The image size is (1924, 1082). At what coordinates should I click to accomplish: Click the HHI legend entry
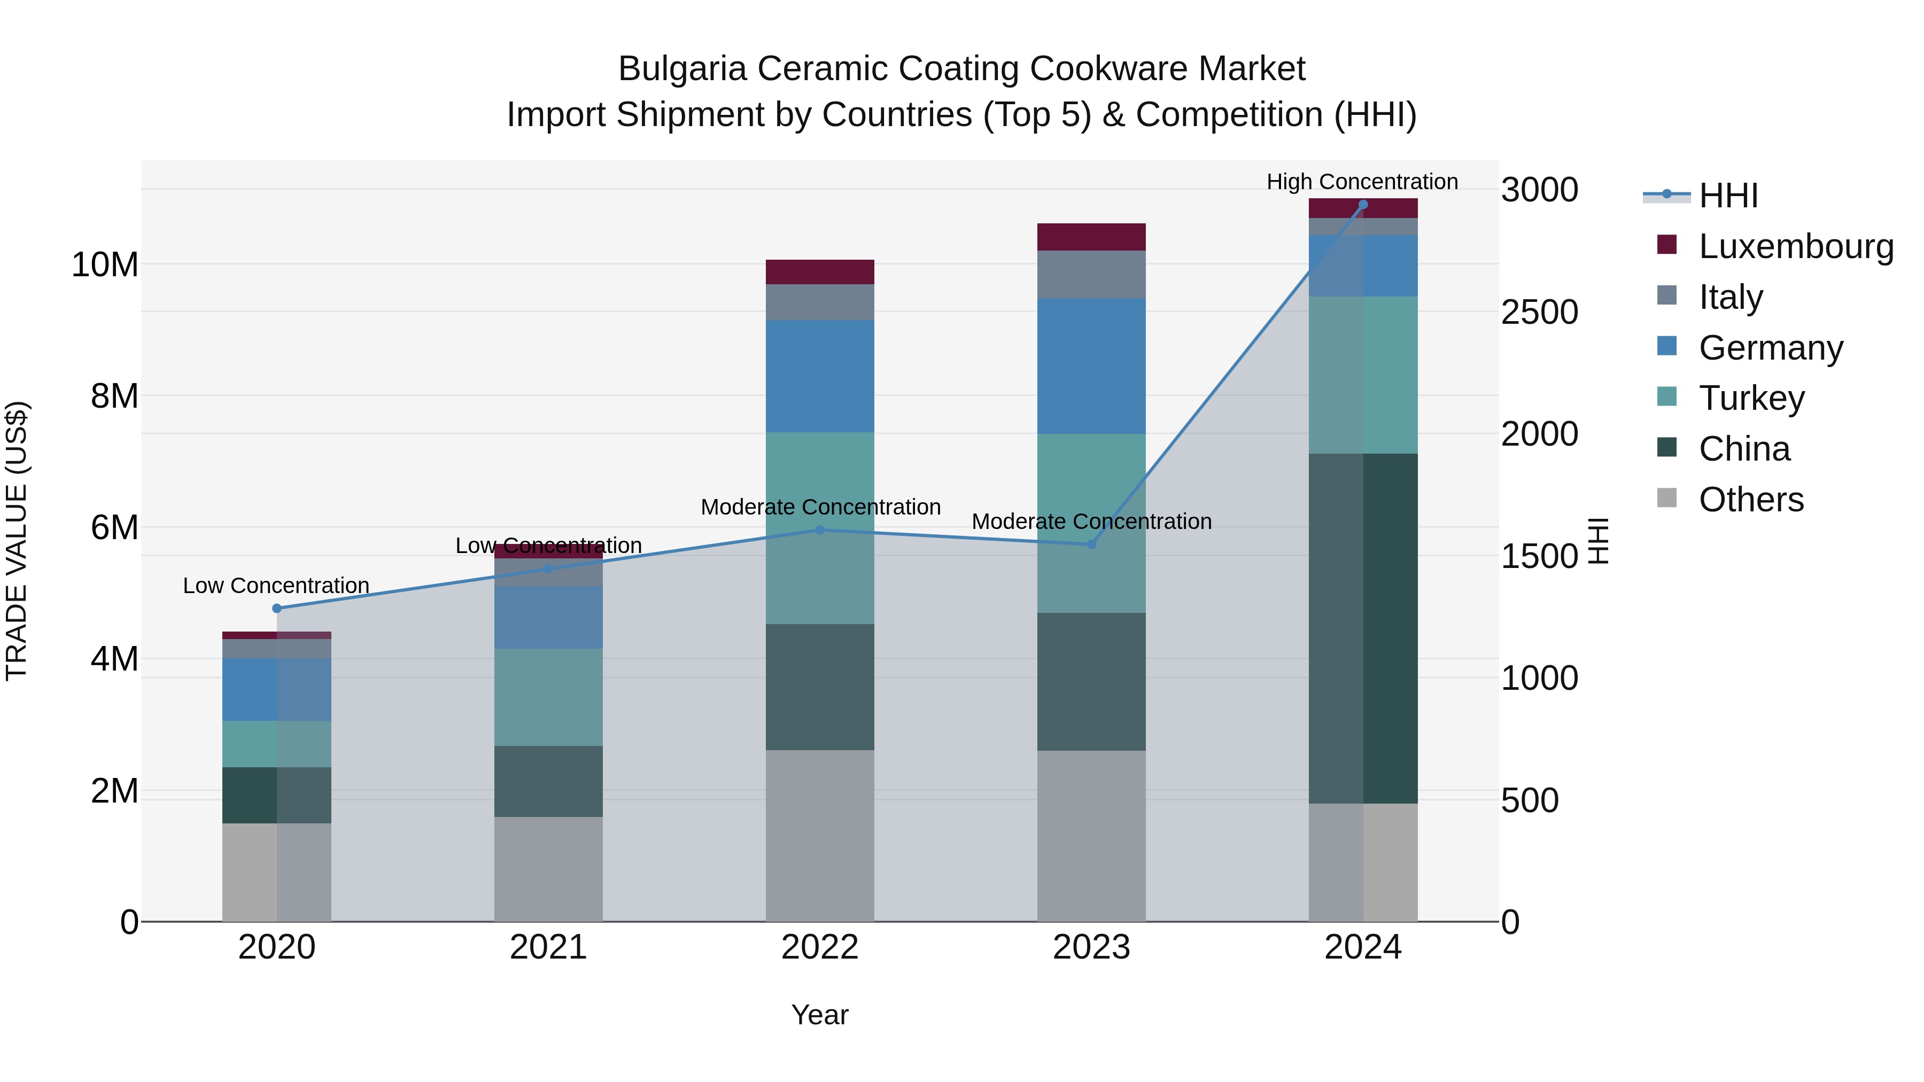click(x=1727, y=196)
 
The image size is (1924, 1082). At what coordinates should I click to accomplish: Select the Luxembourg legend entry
click(x=1796, y=246)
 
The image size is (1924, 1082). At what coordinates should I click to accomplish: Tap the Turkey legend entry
click(x=1751, y=398)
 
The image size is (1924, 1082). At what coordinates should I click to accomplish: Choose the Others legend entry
click(x=1751, y=500)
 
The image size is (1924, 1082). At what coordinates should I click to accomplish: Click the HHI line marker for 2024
click(x=1363, y=205)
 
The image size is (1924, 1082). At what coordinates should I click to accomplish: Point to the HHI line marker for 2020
click(x=277, y=609)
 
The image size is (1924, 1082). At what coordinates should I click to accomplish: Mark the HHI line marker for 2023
click(x=1091, y=544)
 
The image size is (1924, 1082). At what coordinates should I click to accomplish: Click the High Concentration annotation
click(x=1362, y=182)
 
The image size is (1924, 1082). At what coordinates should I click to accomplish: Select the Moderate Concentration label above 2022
click(x=820, y=507)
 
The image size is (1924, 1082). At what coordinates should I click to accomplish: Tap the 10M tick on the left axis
click(x=105, y=265)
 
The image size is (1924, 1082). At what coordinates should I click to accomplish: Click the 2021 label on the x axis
click(x=548, y=947)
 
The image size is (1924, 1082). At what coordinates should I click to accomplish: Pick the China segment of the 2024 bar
click(x=1363, y=629)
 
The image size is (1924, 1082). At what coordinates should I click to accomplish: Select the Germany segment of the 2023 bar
click(x=1091, y=366)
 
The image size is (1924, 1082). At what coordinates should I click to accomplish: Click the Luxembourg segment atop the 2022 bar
click(x=820, y=272)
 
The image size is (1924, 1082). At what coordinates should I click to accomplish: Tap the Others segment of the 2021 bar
click(x=548, y=869)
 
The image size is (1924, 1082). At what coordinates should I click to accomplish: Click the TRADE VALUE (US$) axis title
click(x=17, y=541)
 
